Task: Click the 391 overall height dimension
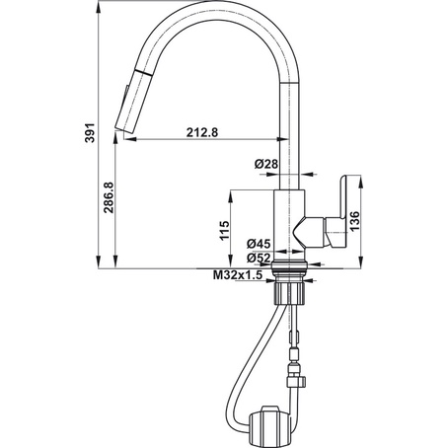(x=88, y=134)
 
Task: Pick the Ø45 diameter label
(x=259, y=244)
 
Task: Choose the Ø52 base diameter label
(x=259, y=258)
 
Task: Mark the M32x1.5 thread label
(x=238, y=275)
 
